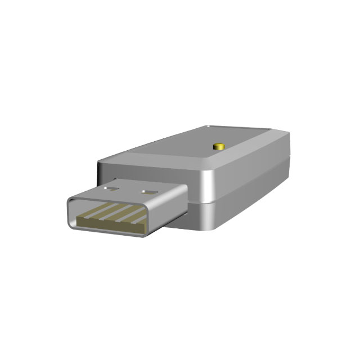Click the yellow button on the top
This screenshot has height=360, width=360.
219,146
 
